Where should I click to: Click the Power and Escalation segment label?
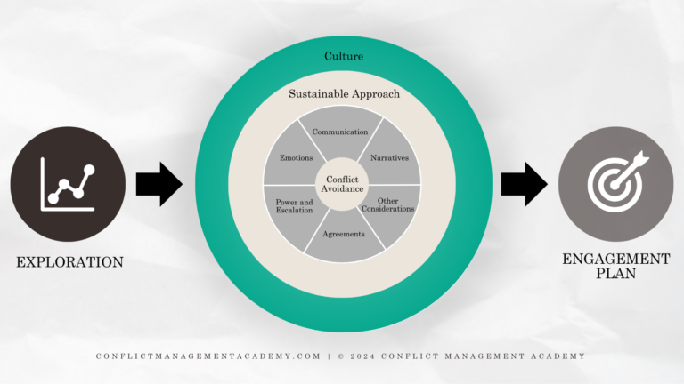294,205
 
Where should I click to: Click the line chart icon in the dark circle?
68,185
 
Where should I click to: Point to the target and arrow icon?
617,185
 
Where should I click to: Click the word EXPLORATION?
69,262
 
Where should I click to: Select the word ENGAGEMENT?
616,259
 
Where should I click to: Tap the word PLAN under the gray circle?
616,275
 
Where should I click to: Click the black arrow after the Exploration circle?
158,184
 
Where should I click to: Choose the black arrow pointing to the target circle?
523,184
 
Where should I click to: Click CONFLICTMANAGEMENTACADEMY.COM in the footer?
208,356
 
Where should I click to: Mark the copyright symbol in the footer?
340,356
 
